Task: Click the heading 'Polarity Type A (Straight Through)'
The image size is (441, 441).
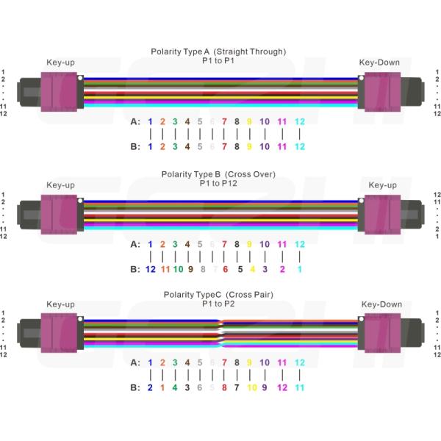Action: (x=218, y=51)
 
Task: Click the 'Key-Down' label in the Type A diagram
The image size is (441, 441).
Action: (x=379, y=62)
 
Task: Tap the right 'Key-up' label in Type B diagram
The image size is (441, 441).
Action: (x=382, y=185)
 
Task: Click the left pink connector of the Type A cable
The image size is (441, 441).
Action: (x=60, y=92)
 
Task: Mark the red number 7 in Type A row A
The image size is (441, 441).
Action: (x=224, y=121)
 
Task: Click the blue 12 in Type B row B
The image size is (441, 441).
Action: (x=150, y=269)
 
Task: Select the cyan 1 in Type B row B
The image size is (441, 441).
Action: (x=299, y=269)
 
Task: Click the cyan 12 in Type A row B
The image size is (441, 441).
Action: (x=299, y=146)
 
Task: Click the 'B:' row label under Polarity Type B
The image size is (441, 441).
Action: (x=135, y=269)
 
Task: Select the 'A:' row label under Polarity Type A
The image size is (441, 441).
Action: (x=135, y=121)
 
